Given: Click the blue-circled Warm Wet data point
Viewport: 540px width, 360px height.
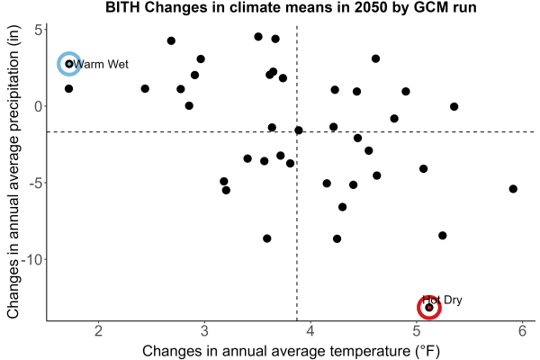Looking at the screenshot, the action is pyautogui.click(x=69, y=64).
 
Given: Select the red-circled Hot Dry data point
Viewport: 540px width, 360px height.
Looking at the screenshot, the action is pyautogui.click(x=429, y=307).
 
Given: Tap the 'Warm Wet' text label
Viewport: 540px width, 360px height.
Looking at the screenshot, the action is pyautogui.click(x=101, y=64).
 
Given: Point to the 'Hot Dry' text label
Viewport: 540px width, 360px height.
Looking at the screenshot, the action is pyautogui.click(x=442, y=300).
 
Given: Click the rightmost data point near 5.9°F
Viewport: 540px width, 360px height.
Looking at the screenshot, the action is pyautogui.click(x=513, y=189).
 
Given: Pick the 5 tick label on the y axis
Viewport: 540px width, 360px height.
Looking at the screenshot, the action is pyautogui.click(x=38, y=31).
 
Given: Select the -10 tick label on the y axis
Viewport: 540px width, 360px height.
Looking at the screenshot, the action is pyautogui.click(x=32, y=259).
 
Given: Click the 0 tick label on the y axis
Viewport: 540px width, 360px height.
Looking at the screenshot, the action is pyautogui.click(x=38, y=106).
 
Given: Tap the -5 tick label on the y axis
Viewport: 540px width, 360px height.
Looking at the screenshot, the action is pyautogui.click(x=36, y=183).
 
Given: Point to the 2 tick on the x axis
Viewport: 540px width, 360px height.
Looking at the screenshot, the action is pyautogui.click(x=99, y=330).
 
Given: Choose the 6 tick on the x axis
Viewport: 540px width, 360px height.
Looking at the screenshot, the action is pyautogui.click(x=523, y=330).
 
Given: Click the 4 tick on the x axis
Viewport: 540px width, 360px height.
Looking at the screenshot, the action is pyautogui.click(x=310, y=330).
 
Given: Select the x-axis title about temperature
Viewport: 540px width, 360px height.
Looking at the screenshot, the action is pyautogui.click(x=292, y=351).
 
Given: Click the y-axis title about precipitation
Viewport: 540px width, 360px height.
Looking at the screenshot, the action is pyautogui.click(x=13, y=172).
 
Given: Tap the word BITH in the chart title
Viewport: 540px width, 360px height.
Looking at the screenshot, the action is pyautogui.click(x=122, y=7).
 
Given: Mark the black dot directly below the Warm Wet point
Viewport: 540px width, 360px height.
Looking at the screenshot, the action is pyautogui.click(x=69, y=88).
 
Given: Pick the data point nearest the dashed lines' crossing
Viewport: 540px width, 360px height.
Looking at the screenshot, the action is pyautogui.click(x=299, y=130).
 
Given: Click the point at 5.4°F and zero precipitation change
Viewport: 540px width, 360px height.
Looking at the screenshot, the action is pyautogui.click(x=454, y=106).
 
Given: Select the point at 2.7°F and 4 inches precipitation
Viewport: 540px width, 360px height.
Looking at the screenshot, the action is pyautogui.click(x=171, y=40).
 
